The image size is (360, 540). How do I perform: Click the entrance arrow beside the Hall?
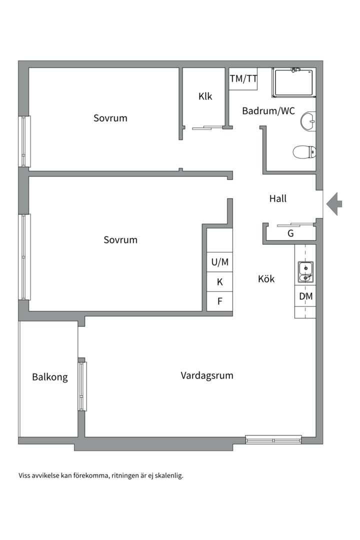tap(334, 204)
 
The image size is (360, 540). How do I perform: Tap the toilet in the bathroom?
tap(304, 151)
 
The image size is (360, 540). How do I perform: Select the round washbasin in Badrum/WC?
tap(308, 121)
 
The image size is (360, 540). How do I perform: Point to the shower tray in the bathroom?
tap(293, 82)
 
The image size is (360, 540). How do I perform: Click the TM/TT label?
tap(243, 79)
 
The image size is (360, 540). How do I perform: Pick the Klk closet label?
tap(205, 96)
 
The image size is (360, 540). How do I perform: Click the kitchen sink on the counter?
tap(305, 272)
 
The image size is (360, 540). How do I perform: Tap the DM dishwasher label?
tap(305, 296)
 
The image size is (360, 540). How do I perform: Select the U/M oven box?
tap(220, 262)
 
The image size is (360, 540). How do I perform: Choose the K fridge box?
tap(220, 282)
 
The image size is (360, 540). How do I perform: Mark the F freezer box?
tap(220, 301)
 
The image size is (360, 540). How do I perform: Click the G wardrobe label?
tap(290, 233)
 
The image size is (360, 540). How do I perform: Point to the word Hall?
tap(277, 198)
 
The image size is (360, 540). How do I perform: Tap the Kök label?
tap(266, 278)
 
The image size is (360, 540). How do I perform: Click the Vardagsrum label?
tap(206, 375)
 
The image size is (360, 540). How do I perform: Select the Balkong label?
tap(50, 377)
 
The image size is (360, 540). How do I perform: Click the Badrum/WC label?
tap(268, 111)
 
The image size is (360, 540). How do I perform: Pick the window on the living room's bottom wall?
tap(273, 440)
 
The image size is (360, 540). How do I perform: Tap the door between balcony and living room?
tap(82, 386)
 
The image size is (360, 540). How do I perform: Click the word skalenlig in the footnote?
tap(169, 476)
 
